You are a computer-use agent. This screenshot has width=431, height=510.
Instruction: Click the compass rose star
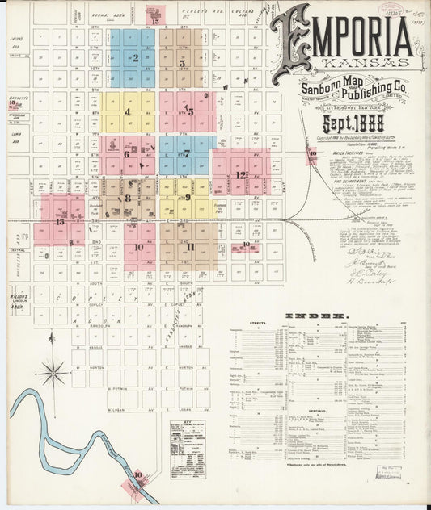coord(53,372)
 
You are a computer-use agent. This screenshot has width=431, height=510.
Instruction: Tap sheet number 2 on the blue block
coord(135,58)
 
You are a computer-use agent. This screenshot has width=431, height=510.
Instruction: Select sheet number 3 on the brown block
coord(182,62)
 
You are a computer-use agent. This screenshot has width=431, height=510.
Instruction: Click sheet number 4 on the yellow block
coord(128,111)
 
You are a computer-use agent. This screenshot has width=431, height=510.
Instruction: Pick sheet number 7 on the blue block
coord(187,153)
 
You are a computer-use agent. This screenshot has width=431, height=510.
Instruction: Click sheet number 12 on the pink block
coord(241,174)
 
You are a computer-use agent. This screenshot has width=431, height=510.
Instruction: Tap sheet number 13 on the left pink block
coord(61,220)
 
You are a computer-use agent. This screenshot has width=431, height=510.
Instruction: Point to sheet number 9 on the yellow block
coord(188,197)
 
